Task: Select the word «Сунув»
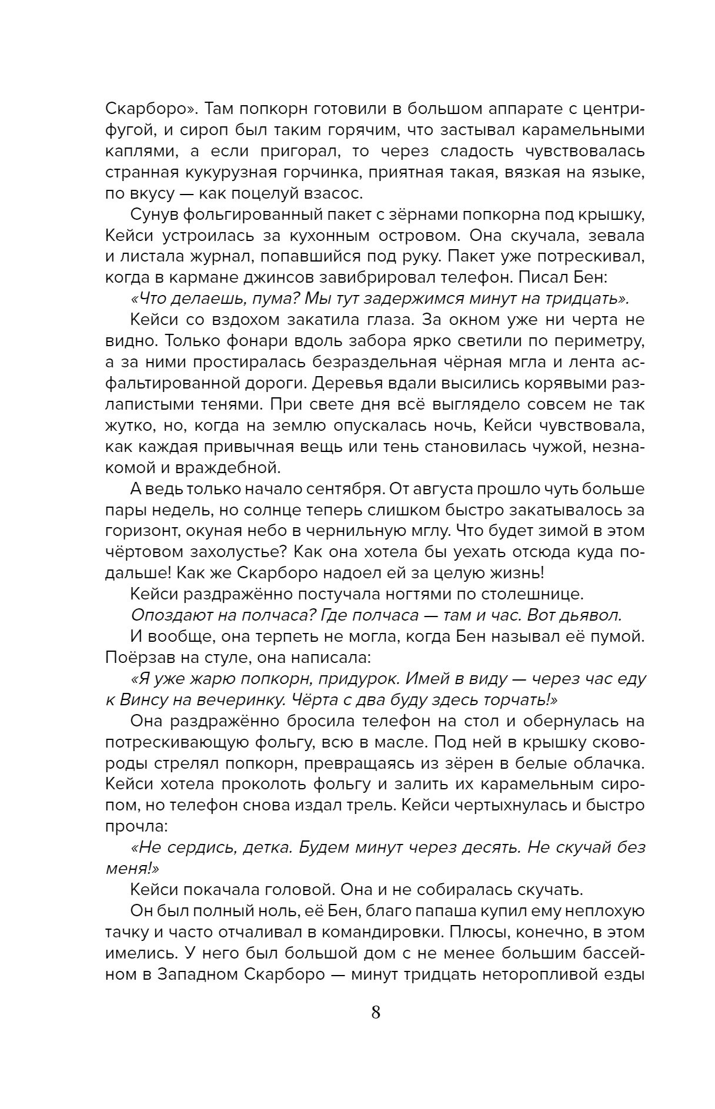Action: point(155,215)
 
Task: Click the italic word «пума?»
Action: point(273,299)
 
